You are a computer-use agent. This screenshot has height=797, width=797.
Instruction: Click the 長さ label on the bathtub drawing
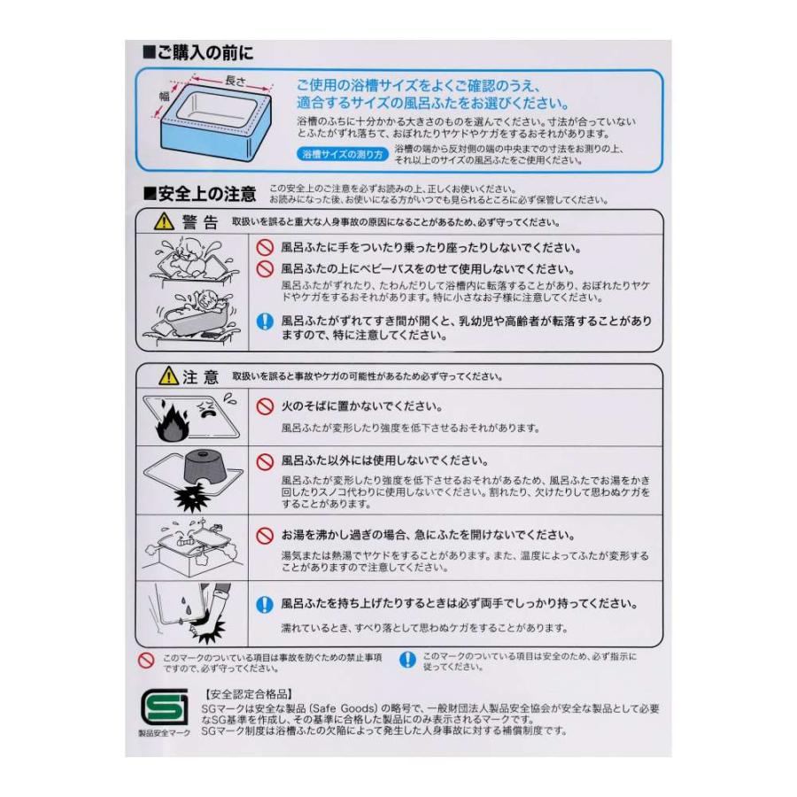click(x=235, y=81)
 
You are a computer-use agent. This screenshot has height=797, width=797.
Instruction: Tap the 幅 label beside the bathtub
click(x=164, y=97)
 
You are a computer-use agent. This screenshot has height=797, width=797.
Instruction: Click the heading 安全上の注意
click(x=199, y=193)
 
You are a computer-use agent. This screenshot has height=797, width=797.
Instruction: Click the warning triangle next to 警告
click(x=162, y=222)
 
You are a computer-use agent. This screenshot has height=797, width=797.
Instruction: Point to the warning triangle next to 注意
click(x=167, y=377)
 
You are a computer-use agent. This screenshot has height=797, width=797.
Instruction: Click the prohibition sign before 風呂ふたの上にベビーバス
click(x=264, y=268)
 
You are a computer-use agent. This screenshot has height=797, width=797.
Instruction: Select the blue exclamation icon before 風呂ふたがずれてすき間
click(x=264, y=322)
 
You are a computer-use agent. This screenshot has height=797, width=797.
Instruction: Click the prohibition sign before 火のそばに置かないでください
click(x=264, y=406)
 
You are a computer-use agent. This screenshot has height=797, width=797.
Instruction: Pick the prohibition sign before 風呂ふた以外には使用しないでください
click(x=264, y=461)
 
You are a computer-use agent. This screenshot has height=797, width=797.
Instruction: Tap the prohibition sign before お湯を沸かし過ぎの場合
click(x=264, y=536)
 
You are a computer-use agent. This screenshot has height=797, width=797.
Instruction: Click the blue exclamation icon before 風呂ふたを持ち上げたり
click(x=264, y=605)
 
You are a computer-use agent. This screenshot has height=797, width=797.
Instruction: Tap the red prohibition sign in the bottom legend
click(x=147, y=660)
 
